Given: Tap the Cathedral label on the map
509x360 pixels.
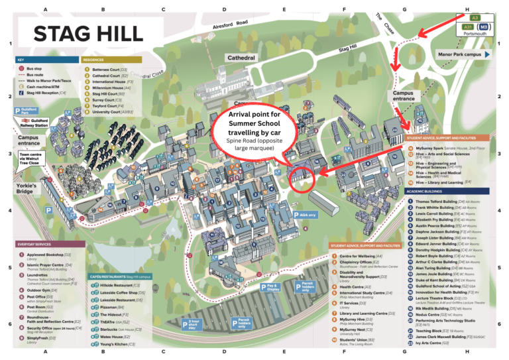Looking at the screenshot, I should [241, 58].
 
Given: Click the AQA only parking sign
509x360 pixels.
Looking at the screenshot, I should [305, 215].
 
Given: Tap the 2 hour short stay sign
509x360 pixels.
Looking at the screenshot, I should [192, 324].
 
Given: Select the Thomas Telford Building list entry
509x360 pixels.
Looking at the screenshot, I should [437, 202].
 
